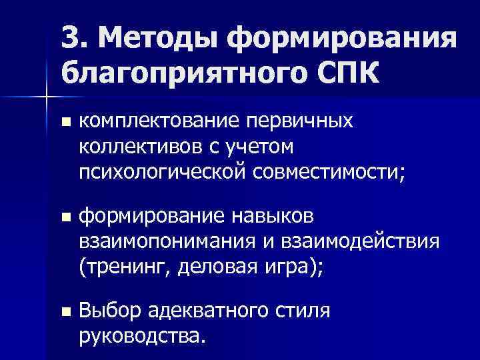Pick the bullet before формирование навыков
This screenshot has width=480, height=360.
click(x=65, y=217)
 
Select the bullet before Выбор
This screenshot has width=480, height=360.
click(x=65, y=311)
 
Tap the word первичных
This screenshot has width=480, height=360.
click(x=296, y=121)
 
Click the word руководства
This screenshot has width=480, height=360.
click(x=140, y=335)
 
